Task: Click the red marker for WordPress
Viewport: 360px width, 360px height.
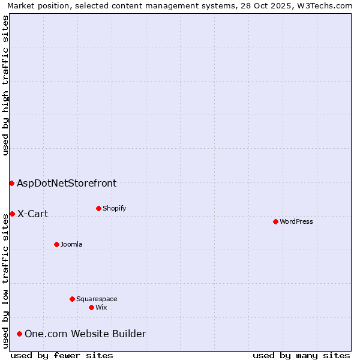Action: pyautogui.click(x=275, y=221)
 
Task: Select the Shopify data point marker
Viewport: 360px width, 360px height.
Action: pyautogui.click(x=98, y=208)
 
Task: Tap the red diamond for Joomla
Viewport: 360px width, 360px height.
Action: pyautogui.click(x=56, y=244)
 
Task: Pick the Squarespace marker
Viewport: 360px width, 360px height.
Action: pyautogui.click(x=72, y=299)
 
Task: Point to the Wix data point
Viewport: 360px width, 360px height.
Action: pyautogui.click(x=91, y=307)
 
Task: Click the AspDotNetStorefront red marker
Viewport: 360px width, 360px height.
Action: pyautogui.click(x=11, y=183)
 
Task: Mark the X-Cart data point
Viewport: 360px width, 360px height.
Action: pyautogui.click(x=12, y=214)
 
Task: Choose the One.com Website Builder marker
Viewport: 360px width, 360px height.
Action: pyautogui.click(x=19, y=334)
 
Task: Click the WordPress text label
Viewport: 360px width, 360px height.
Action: pyautogui.click(x=296, y=221)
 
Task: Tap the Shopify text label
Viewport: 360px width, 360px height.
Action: pyautogui.click(x=114, y=208)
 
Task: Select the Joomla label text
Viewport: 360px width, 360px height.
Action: pyautogui.click(x=71, y=244)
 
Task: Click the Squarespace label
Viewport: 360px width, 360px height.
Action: pyautogui.click(x=97, y=299)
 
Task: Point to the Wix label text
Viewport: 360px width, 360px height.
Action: pyautogui.click(x=101, y=307)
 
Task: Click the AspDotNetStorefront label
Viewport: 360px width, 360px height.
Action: pyautogui.click(x=67, y=184)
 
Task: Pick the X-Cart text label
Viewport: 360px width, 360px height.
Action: pyautogui.click(x=32, y=214)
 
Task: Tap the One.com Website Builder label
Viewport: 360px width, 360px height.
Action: pyautogui.click(x=85, y=334)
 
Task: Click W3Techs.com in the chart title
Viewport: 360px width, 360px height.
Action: pyautogui.click(x=327, y=5)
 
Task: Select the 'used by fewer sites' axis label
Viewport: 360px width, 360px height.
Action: pyautogui.click(x=62, y=355)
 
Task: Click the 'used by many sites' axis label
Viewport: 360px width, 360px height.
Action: pyautogui.click(x=301, y=355)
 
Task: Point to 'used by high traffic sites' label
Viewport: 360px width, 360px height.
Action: pyautogui.click(x=5, y=85)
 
